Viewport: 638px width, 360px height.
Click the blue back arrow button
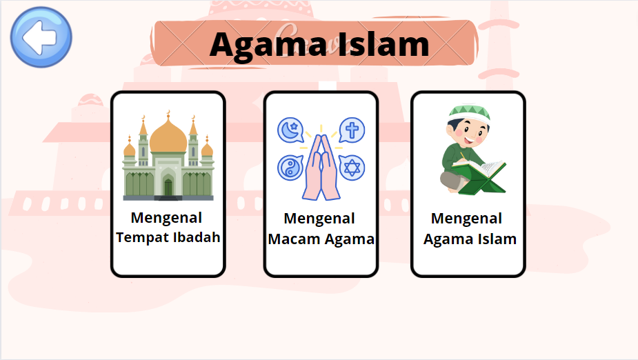[x=41, y=37]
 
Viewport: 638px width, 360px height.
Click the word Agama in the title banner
[x=269, y=46]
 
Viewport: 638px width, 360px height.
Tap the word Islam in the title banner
[x=383, y=44]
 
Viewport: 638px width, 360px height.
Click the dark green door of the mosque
[x=168, y=188]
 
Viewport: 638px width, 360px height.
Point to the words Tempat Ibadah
[x=168, y=237]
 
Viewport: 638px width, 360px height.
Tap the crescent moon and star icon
[x=291, y=130]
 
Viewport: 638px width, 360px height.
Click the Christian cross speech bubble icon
[x=352, y=130]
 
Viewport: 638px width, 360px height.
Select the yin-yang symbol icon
[x=290, y=168]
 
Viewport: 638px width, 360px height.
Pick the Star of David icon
[x=352, y=168]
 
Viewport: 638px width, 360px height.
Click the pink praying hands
[x=321, y=167]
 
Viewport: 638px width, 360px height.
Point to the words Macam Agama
[x=321, y=239]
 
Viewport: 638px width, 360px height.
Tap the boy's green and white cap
[x=469, y=112]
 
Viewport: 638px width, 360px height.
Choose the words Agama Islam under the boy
[x=470, y=239]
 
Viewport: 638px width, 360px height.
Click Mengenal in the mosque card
[x=166, y=218]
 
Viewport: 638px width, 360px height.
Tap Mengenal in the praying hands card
[x=319, y=219]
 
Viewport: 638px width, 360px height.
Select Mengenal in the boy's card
[x=466, y=219]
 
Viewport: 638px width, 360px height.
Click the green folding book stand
[x=482, y=181]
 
